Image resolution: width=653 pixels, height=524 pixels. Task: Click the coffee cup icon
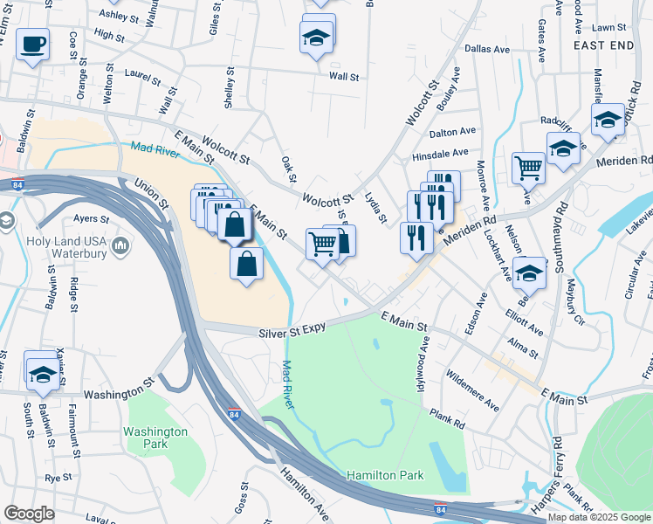pos(32,43)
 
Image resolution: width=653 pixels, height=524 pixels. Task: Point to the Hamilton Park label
pos(385,475)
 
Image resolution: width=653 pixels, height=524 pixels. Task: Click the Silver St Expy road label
pos(292,331)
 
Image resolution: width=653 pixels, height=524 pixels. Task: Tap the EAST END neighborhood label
pos(603,44)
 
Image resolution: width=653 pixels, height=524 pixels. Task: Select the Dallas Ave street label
pos(486,50)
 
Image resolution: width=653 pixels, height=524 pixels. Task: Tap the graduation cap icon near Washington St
pos(41,375)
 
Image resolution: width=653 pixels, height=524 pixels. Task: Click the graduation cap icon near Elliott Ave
pos(529,273)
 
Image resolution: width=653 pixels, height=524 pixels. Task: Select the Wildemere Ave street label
pos(472,390)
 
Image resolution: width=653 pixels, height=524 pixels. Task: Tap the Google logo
pos(29,514)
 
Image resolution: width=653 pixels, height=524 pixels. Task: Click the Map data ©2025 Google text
pos(600,517)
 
